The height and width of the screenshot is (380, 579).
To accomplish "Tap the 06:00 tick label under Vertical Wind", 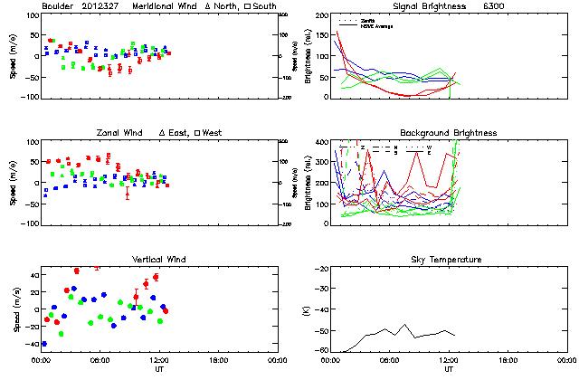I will (100, 361).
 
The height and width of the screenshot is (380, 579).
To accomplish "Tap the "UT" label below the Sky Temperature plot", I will (449, 369).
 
